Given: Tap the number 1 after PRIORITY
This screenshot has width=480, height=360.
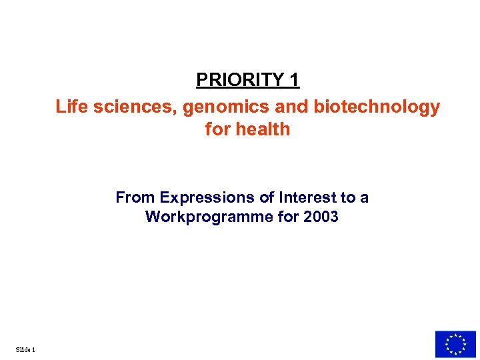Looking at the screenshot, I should pos(294,80).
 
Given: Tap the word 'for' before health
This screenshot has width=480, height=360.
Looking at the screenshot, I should pos(217,129).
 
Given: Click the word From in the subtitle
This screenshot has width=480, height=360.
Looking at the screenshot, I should pos(135,198).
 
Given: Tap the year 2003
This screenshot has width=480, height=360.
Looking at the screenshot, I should pos(319,217).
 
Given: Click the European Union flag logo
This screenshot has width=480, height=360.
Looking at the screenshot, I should pos(455,345).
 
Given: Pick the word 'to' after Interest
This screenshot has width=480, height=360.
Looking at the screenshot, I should pos(348,198).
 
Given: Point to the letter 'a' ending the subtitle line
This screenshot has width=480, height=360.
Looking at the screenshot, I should pos(364,198).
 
